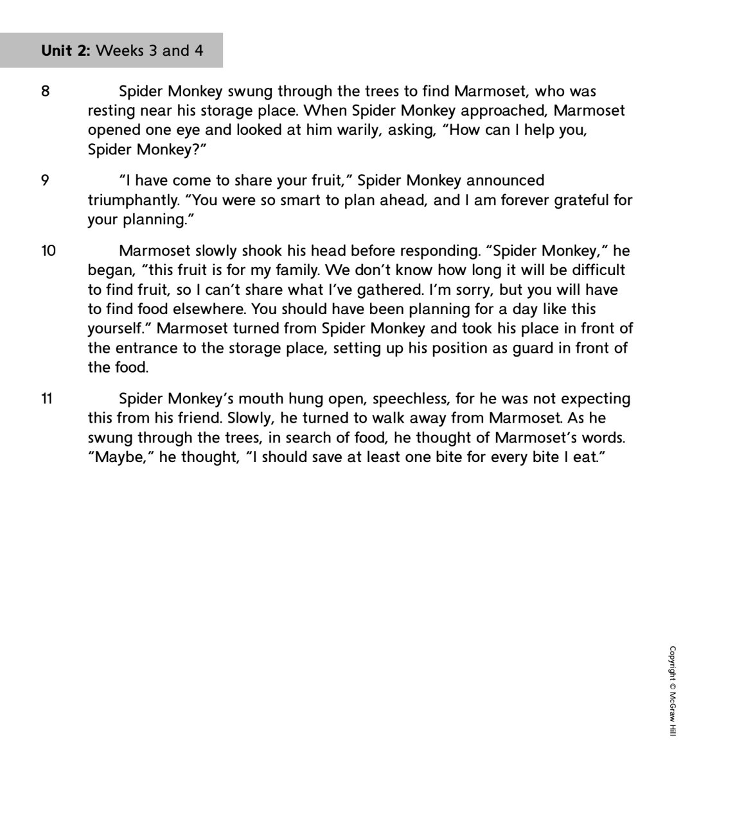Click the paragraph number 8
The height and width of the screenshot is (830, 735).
[x=45, y=91]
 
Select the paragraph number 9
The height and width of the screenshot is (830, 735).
[x=45, y=181]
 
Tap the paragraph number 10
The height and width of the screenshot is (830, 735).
[x=48, y=251]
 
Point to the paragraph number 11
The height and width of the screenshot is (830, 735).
[x=48, y=399]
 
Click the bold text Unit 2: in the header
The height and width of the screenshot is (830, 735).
[x=66, y=51]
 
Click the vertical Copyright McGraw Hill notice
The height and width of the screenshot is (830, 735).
[x=672, y=691]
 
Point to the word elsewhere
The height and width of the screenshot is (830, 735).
[x=206, y=310]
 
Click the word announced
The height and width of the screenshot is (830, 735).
[x=505, y=181]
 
